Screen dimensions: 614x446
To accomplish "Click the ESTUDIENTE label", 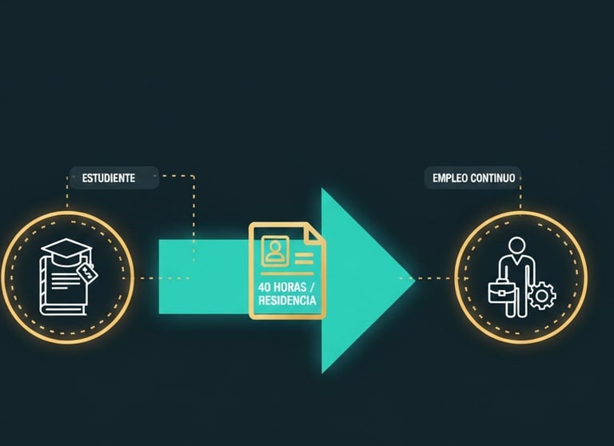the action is click(103, 177).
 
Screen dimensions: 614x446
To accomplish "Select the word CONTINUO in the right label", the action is click(496, 177).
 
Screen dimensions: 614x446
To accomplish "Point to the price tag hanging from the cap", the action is click(87, 274).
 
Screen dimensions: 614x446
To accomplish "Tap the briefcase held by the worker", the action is click(500, 292).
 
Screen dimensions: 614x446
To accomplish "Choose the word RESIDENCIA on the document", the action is click(287, 301).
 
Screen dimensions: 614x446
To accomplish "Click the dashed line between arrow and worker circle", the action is click(436, 279).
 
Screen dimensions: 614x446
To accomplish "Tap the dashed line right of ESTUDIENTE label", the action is click(177, 176).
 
